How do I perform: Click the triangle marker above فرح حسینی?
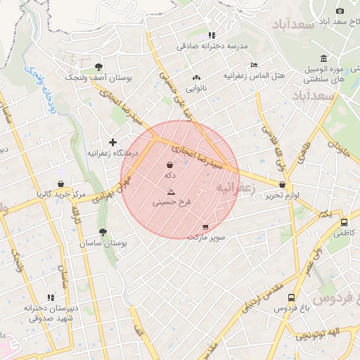pyautogui.click(x=171, y=192)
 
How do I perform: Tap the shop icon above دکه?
pyautogui.click(x=171, y=165)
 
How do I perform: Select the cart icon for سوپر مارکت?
pyautogui.click(x=205, y=227)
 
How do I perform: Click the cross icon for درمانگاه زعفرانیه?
pyautogui.click(x=112, y=142)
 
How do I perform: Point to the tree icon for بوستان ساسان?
pyautogui.click(x=103, y=232)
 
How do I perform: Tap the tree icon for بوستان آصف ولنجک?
pyautogui.click(x=97, y=67)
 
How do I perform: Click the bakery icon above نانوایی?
pyautogui.click(x=196, y=78)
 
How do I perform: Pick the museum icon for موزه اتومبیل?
pyautogui.click(x=323, y=58)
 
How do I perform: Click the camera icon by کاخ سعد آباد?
pyautogui.click(x=340, y=11)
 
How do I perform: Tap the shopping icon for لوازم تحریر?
pyautogui.click(x=283, y=185)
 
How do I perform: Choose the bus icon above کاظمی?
pyautogui.click(x=344, y=220)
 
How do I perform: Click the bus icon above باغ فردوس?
pyautogui.click(x=292, y=297)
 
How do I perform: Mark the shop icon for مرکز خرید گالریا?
pyautogui.click(x=61, y=184)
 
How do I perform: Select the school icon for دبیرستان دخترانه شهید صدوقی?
pyautogui.click(x=49, y=298)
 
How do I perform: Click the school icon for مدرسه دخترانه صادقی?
pyautogui.click(x=212, y=35)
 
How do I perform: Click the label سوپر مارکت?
pyautogui.click(x=206, y=237)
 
